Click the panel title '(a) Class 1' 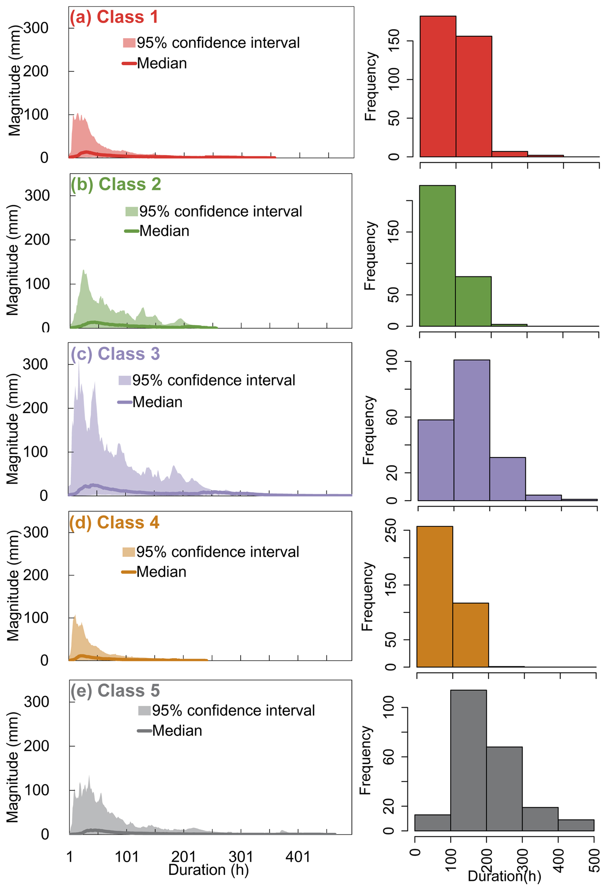click(114, 17)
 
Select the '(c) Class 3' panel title click(115, 353)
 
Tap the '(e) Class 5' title click(115, 690)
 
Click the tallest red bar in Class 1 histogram click(438, 86)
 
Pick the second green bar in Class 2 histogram click(473, 301)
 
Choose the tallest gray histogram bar click(468, 760)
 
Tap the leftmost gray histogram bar click(432, 823)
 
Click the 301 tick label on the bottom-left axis click(241, 857)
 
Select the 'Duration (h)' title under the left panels click(208, 870)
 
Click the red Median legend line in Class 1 click(129, 63)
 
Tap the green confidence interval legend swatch click(131, 211)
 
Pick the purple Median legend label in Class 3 click(158, 402)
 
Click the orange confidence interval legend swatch click(128, 552)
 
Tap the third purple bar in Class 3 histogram click(507, 479)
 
